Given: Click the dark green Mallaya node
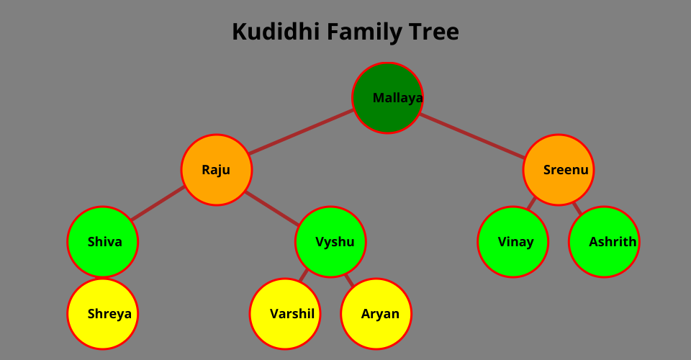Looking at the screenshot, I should click(387, 98).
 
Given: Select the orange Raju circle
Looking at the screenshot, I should click(217, 170).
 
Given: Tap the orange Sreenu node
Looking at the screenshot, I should click(559, 170).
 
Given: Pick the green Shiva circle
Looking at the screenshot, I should click(103, 242).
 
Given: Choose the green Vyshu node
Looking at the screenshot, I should click(331, 242).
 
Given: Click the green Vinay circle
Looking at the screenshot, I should click(513, 242).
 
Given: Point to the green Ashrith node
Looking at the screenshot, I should click(604, 242).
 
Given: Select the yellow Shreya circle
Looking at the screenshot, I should click(103, 314).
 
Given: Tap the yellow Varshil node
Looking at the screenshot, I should click(285, 314).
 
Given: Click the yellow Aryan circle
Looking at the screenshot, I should click(376, 314).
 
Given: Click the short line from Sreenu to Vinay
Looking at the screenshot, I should click(532, 204).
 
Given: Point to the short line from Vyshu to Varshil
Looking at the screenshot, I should click(304, 275).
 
